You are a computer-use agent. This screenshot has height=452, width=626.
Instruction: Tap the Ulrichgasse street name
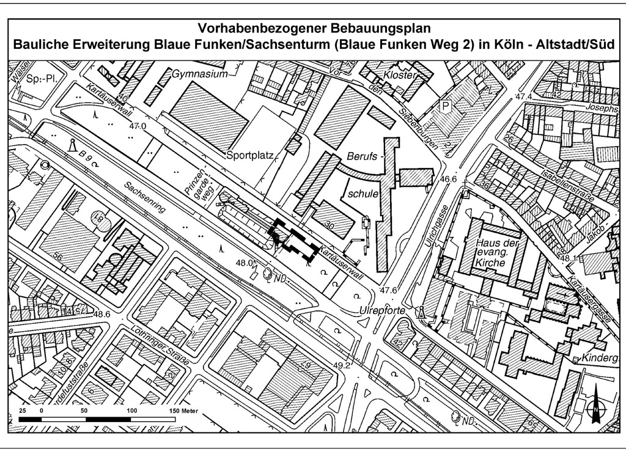[x=441, y=214]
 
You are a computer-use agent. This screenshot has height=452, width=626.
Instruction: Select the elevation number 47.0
[x=138, y=126]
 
